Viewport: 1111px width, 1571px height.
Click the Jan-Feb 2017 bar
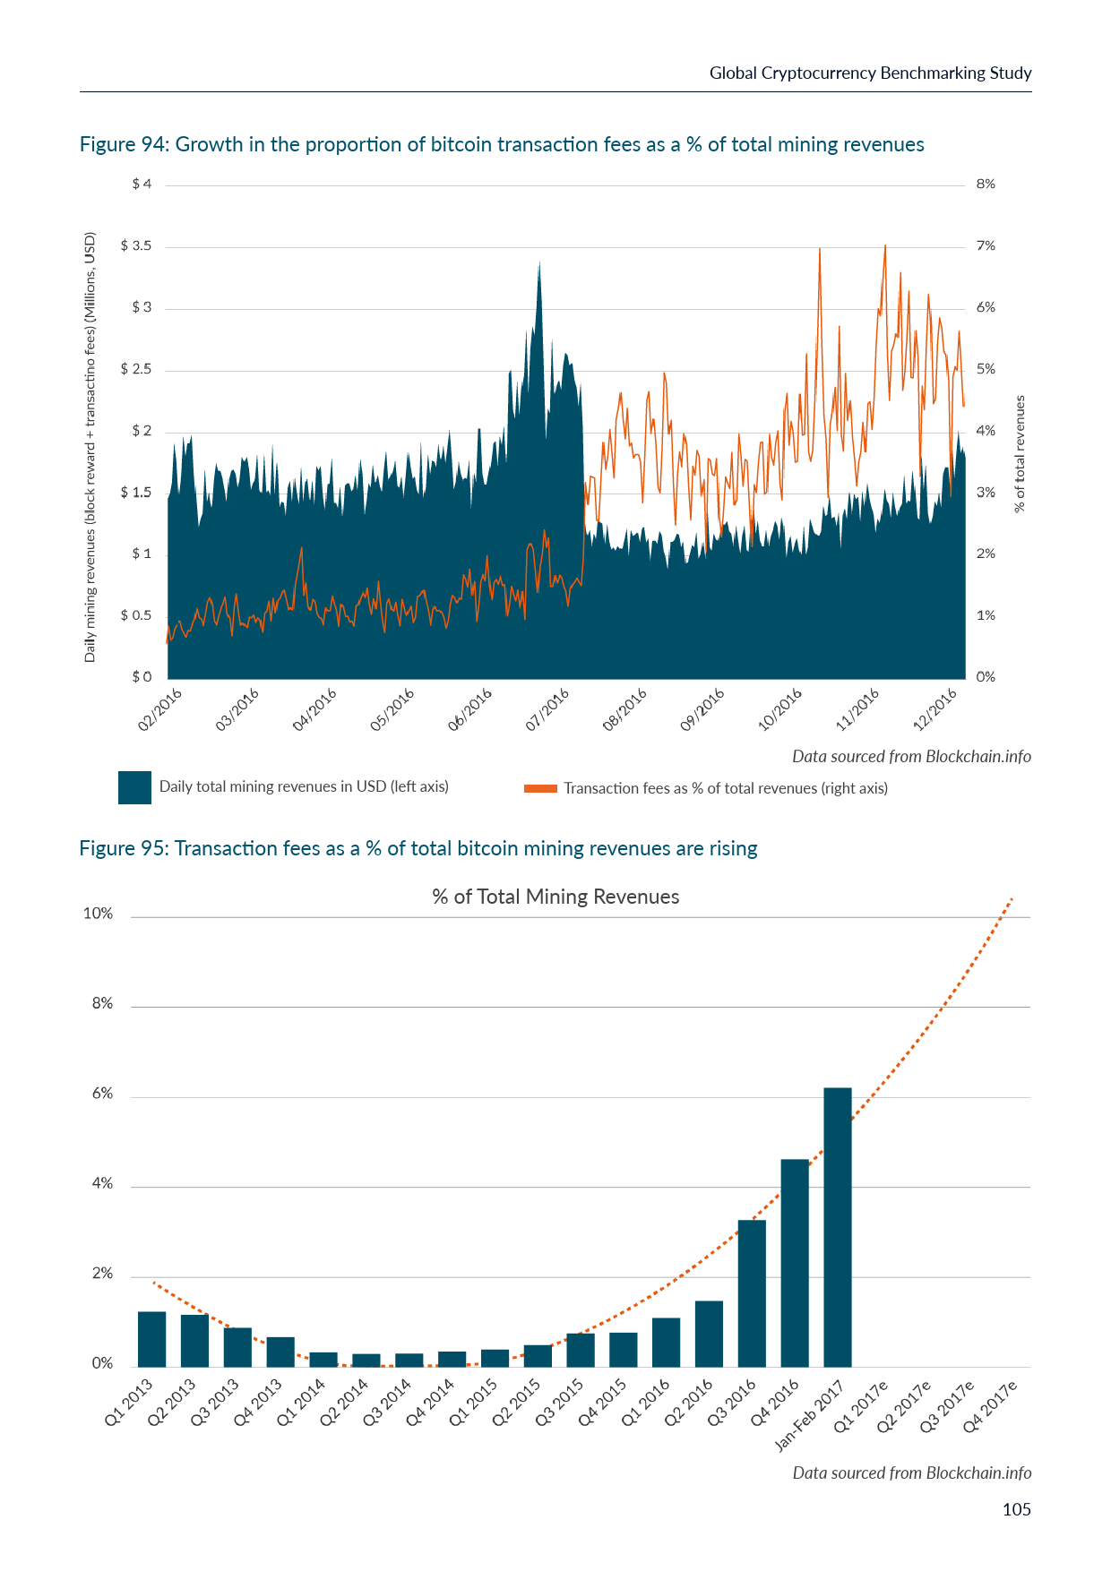[838, 1227]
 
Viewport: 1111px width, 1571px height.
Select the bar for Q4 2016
[795, 1263]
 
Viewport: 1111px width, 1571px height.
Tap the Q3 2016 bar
[752, 1293]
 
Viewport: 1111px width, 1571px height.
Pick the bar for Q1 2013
[152, 1339]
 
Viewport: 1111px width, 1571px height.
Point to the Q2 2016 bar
[709, 1334]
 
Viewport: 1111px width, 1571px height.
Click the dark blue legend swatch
[134, 787]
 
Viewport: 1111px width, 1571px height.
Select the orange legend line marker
[540, 789]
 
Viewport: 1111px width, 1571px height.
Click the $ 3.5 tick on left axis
[136, 246]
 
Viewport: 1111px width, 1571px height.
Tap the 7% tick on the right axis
[986, 246]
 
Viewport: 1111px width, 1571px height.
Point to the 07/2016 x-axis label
[547, 709]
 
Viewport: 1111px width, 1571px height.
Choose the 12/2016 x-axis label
[935, 709]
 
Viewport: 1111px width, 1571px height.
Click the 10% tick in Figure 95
[99, 914]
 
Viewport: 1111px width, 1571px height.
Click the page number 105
[1016, 1510]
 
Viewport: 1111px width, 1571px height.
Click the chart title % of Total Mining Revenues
[555, 897]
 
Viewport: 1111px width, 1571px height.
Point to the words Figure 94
[123, 145]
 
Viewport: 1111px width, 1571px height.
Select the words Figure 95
[123, 849]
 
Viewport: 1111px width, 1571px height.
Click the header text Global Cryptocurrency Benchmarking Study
[870, 73]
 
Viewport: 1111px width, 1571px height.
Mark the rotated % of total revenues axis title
[1020, 454]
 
